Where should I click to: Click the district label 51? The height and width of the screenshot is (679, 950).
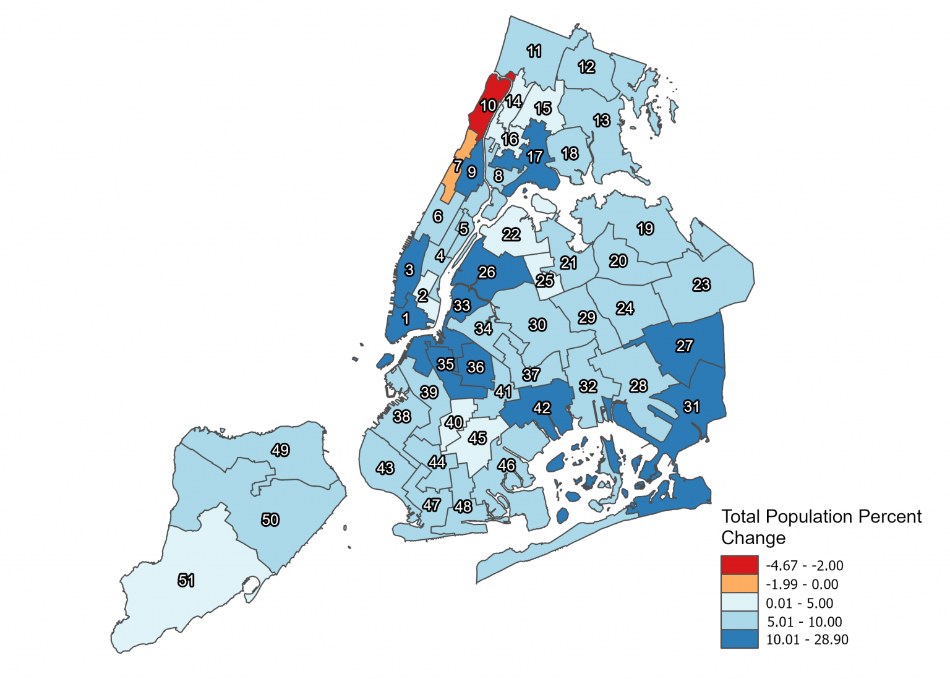(x=186, y=580)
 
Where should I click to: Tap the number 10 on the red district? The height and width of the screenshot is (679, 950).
(x=489, y=106)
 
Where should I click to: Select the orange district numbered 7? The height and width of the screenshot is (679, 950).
(x=458, y=166)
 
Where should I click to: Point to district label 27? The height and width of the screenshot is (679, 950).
(x=684, y=346)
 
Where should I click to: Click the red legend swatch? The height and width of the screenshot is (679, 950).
(x=739, y=565)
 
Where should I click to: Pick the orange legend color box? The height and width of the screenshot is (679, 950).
(x=739, y=584)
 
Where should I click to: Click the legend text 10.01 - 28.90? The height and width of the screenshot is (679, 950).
(x=807, y=640)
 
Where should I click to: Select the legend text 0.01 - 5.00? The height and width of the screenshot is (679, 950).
(x=799, y=603)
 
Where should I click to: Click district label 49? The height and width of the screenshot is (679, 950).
(x=280, y=450)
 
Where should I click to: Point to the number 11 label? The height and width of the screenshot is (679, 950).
(x=534, y=51)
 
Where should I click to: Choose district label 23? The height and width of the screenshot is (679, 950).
(x=701, y=284)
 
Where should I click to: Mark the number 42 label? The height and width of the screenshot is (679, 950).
(x=542, y=408)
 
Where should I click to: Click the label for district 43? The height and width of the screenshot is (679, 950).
(x=385, y=468)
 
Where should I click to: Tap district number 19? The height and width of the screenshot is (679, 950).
(x=645, y=229)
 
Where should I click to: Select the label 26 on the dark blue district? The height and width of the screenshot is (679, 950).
(x=487, y=272)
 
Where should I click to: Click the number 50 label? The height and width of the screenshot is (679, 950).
(x=270, y=519)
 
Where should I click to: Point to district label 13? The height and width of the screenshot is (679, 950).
(x=602, y=121)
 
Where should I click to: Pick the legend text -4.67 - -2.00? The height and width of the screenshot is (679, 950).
(x=804, y=565)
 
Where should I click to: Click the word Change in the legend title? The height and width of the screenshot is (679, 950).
(x=753, y=538)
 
